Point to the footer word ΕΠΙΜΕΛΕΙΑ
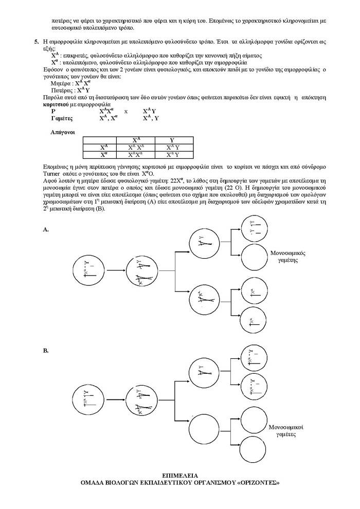(x=179, y=476)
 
